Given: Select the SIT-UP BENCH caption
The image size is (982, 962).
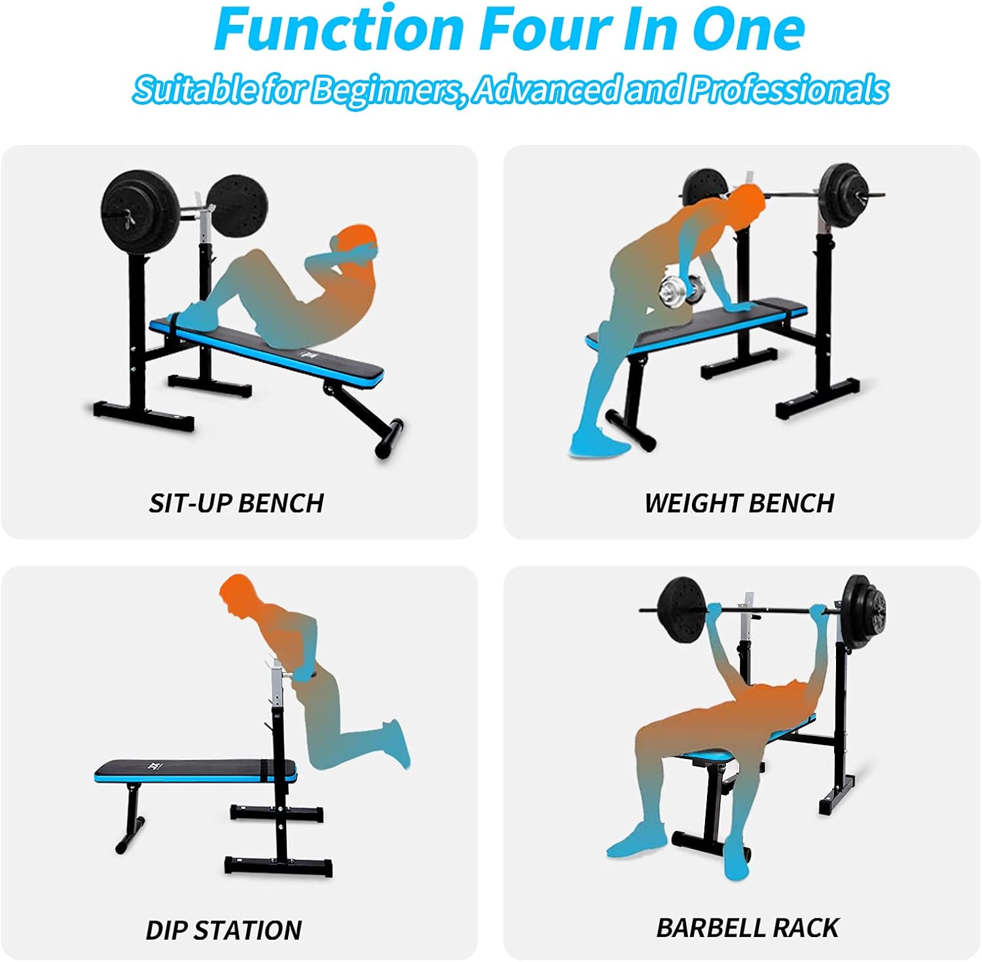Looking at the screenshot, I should coord(236,503).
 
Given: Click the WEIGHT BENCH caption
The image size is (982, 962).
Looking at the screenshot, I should coord(739,503).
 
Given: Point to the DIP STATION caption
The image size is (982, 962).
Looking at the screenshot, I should coord(223,930).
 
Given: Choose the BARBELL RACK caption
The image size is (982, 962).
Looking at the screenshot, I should coord(748,927).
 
